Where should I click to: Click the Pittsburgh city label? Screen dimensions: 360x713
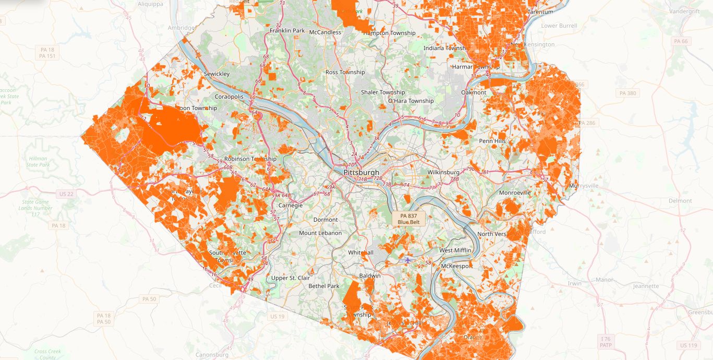(x=361, y=172)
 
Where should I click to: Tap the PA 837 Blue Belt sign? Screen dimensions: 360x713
(x=408, y=219)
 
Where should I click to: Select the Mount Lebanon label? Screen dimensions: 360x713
(x=320, y=233)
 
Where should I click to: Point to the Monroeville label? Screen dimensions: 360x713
(x=515, y=193)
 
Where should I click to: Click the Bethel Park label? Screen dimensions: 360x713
(x=324, y=286)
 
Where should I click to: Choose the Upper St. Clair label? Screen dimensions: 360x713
(x=291, y=278)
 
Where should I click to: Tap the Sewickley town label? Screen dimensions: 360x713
(x=216, y=74)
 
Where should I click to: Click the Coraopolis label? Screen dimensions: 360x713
(x=229, y=97)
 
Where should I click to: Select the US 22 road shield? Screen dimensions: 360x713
(x=67, y=194)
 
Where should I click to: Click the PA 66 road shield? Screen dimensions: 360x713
(x=681, y=41)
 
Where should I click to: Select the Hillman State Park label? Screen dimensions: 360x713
(x=38, y=162)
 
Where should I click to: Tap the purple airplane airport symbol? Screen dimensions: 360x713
(x=407, y=259)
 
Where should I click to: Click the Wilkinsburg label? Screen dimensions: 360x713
(x=443, y=172)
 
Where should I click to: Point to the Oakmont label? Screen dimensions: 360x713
(x=474, y=92)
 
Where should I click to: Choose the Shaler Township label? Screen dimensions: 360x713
(x=383, y=92)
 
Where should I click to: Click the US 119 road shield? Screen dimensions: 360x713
(x=688, y=345)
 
